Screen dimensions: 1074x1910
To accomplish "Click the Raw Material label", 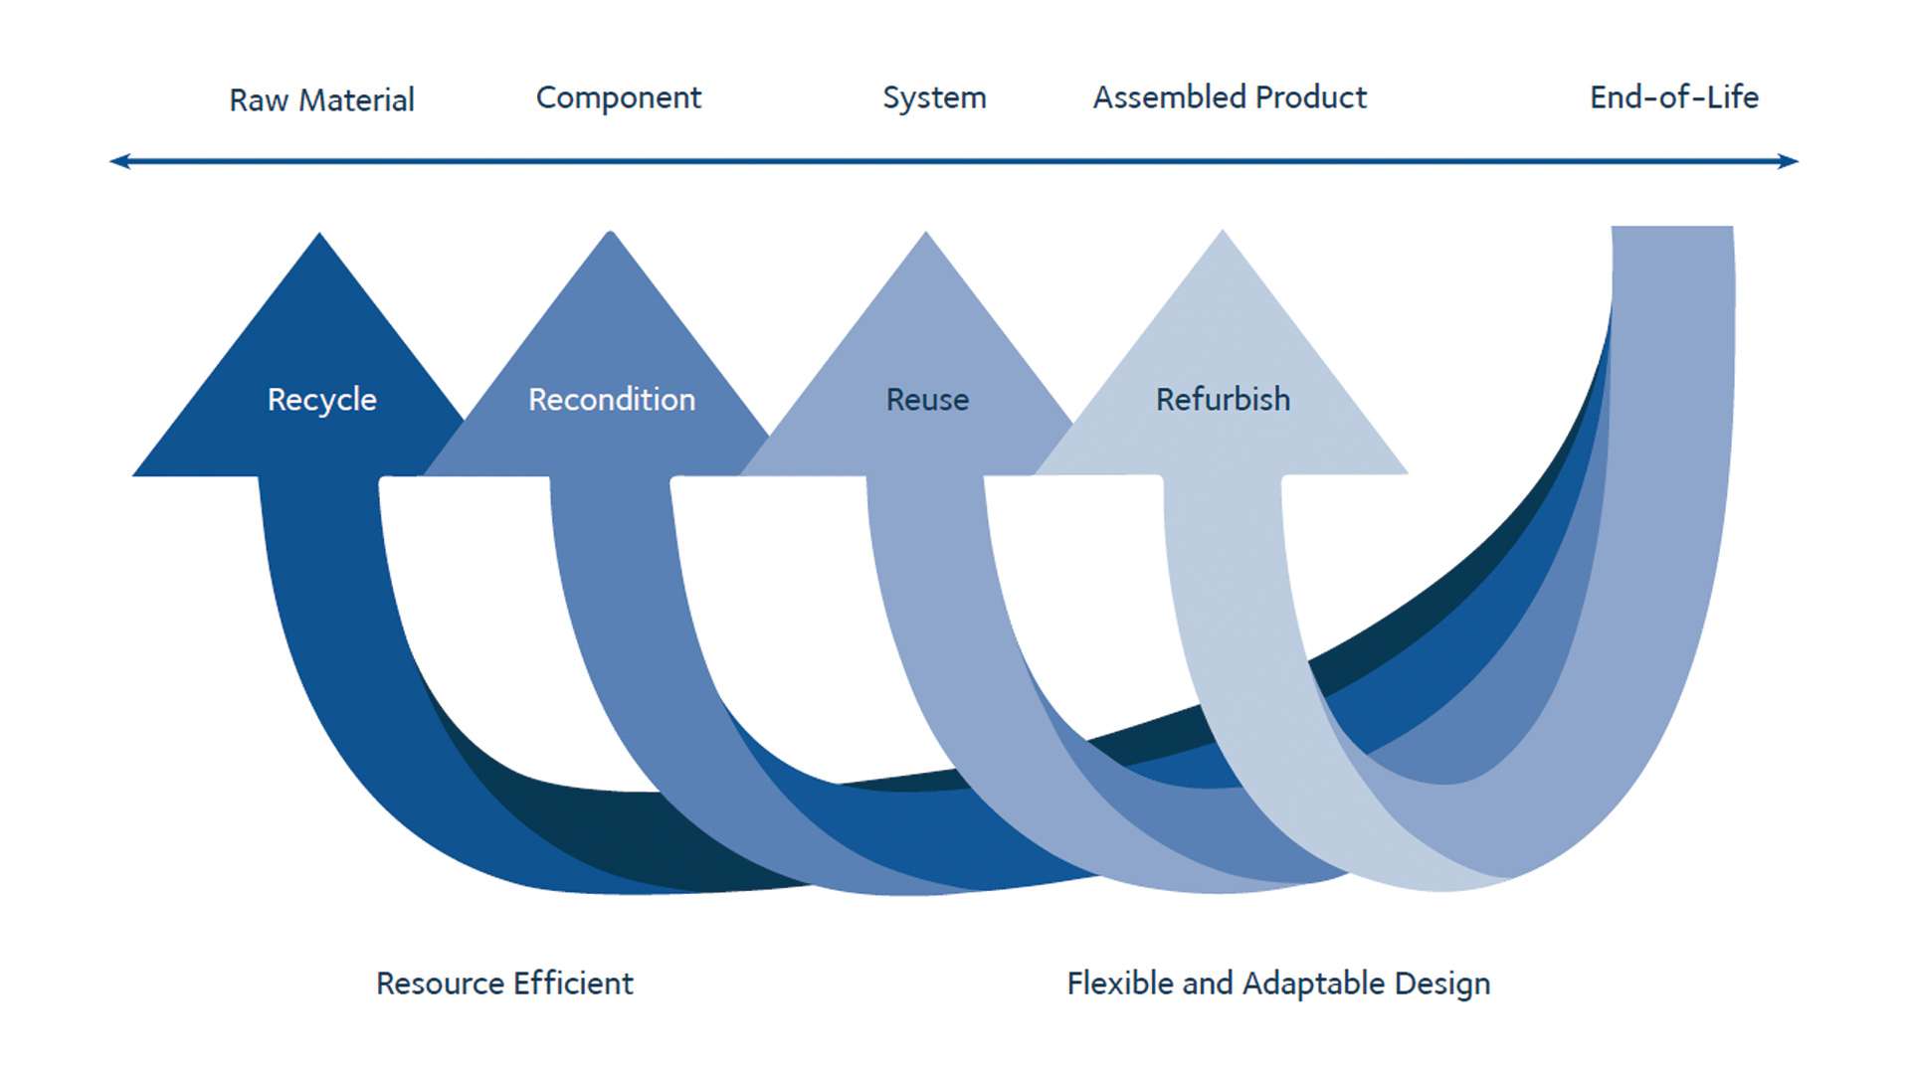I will pyautogui.click(x=321, y=99).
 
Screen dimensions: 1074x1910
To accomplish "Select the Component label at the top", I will pyautogui.click(x=618, y=97).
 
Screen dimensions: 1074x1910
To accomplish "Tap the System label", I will pyautogui.click(x=934, y=97).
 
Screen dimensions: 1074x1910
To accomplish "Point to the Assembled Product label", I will pyautogui.click(x=1230, y=97).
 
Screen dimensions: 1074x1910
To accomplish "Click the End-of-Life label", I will pyautogui.click(x=1674, y=97).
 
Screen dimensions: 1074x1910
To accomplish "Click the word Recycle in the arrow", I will pyautogui.click(x=321, y=400).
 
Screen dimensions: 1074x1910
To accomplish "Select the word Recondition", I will pyautogui.click(x=612, y=400).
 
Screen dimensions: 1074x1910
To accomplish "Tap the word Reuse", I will pyautogui.click(x=927, y=400).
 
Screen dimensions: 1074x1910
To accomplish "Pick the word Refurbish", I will pyautogui.click(x=1223, y=400).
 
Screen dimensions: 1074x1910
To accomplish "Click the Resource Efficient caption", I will pyautogui.click(x=504, y=984).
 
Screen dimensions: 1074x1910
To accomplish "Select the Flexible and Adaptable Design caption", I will pyautogui.click(x=1278, y=984).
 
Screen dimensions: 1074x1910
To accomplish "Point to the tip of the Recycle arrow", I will pyautogui.click(x=319, y=239).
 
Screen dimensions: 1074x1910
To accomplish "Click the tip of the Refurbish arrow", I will pyautogui.click(x=1223, y=237).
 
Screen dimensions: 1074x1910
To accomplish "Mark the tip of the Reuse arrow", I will pyautogui.click(x=926, y=238).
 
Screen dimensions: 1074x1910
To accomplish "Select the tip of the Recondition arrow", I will pyautogui.click(x=611, y=238).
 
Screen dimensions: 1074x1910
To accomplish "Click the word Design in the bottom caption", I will pyautogui.click(x=1441, y=984).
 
